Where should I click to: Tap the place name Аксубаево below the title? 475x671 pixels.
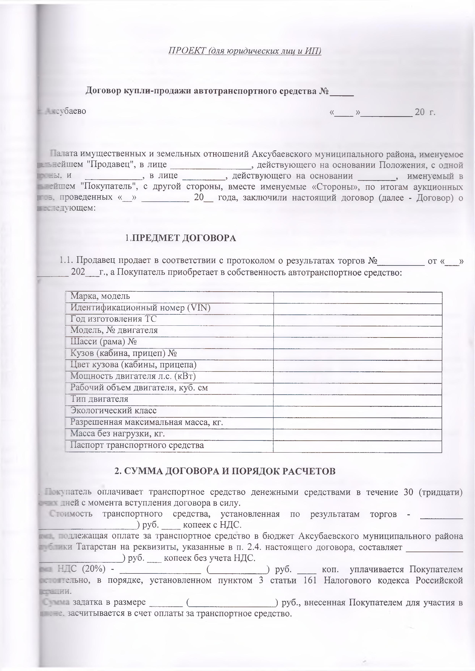[x=66, y=111]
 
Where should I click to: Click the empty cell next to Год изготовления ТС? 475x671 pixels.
[x=357, y=319]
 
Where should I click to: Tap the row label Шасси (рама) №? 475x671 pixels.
[x=104, y=342]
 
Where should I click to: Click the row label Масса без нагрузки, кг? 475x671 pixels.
[x=117, y=434]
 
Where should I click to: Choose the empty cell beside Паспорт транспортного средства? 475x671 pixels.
[x=357, y=445]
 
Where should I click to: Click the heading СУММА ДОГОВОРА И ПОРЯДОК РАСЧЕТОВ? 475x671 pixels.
[x=225, y=471]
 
